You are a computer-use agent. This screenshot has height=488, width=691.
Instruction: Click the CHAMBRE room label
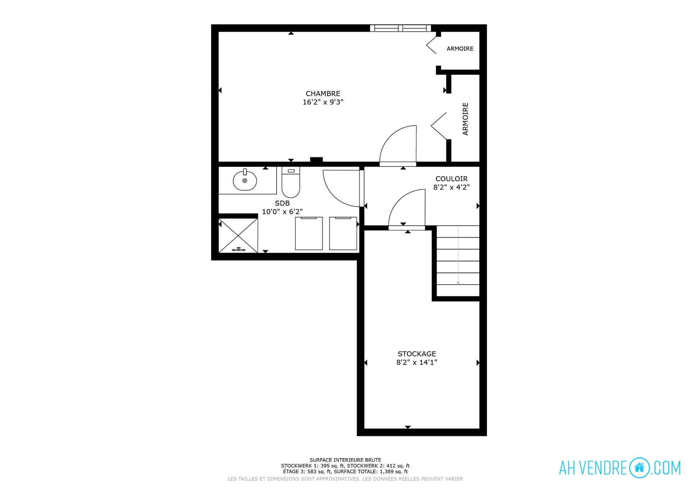pos(323,94)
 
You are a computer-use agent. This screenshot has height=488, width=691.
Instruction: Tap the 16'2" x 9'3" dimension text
pos(323,102)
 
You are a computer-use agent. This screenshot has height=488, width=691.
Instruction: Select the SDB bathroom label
pos(282,203)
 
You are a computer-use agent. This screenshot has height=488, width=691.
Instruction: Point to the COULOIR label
pos(451,179)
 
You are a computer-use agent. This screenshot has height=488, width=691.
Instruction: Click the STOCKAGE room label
pos(417,354)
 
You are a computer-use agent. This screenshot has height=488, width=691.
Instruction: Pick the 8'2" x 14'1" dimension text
pos(417,362)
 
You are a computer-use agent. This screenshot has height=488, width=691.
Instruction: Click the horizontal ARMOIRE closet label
pos(460,49)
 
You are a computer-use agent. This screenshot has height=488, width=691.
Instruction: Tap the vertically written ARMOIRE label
pos(465,119)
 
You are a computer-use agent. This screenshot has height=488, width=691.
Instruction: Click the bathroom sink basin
pos(245,180)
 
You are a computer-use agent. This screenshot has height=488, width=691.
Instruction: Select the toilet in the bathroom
pos(291,182)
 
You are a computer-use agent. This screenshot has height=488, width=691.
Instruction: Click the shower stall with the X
pos(238,236)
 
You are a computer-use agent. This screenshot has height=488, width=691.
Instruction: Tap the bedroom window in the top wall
pos(401,28)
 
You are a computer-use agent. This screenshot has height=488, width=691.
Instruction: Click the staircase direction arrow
pos(458,255)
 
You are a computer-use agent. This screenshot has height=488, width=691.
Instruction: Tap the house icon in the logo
pos(640,468)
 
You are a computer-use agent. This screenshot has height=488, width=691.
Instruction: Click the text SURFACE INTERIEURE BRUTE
pos(345,460)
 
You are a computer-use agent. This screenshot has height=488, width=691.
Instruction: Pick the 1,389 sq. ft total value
pos(394,471)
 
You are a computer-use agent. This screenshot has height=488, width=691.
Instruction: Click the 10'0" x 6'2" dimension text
pos(282,212)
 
